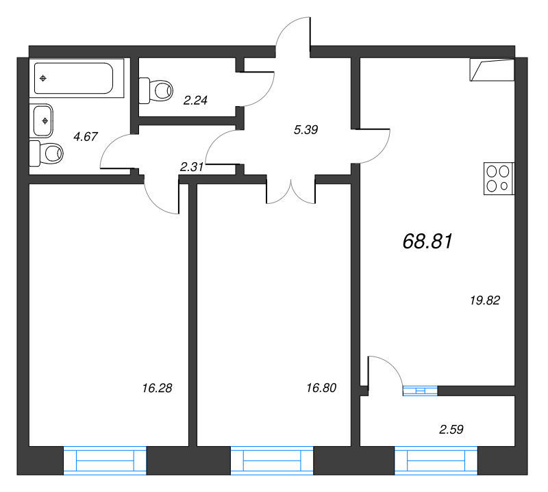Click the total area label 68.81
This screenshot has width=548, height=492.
coord(427,242)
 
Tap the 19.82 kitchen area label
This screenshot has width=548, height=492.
coord(485,300)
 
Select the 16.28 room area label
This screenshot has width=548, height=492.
coord(157,388)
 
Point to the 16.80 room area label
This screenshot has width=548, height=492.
coord(321,387)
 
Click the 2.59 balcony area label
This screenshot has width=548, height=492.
coord(451,429)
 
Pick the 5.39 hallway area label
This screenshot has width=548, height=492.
coord(306,130)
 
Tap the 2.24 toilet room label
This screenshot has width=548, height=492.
coord(195,100)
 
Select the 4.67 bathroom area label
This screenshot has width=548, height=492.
coord(86,136)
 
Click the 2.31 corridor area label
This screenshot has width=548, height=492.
coord(192,167)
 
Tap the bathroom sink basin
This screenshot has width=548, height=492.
coord(43,121)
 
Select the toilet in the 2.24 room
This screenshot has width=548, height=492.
coord(156,90)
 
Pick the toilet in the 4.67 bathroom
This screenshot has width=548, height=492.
coord(46,153)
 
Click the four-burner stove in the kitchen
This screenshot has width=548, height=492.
coord(499,179)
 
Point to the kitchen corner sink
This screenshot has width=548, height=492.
coord(492,70)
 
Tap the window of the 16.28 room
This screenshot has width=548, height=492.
coord(105,461)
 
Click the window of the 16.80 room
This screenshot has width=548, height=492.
coord(272,461)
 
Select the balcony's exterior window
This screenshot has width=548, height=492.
coord(436,461)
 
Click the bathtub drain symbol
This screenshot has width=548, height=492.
coord(43,78)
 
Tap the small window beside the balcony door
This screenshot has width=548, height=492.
coord(420,391)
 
